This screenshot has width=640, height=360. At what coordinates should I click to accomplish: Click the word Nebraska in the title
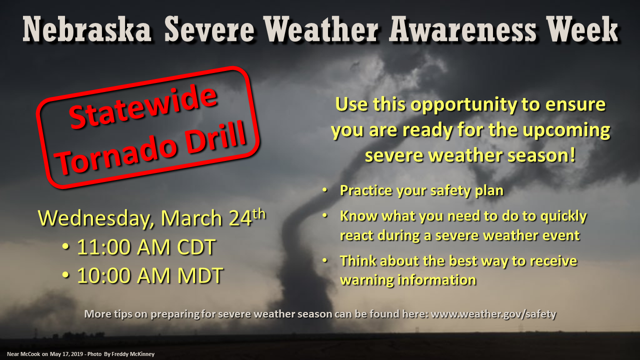click(x=87, y=29)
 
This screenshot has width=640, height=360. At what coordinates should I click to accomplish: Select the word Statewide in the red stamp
click(x=143, y=107)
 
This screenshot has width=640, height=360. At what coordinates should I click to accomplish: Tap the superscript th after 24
click(x=259, y=214)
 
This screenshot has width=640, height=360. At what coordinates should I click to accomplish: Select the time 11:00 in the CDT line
click(x=104, y=247)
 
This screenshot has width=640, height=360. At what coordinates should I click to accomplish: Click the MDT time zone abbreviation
click(x=200, y=275)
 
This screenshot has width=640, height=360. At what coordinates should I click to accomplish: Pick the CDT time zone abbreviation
click(x=196, y=247)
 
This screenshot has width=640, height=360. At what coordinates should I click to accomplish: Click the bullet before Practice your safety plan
click(x=325, y=189)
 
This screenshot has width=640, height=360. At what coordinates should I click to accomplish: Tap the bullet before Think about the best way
click(x=325, y=260)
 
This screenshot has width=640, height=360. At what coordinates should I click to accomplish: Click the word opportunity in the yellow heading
click(x=463, y=105)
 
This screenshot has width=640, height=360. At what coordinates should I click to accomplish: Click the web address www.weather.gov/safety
click(x=493, y=314)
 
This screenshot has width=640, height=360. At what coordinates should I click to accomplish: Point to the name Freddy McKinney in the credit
click(x=133, y=354)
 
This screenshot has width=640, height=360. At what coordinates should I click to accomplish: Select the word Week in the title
click(x=583, y=29)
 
